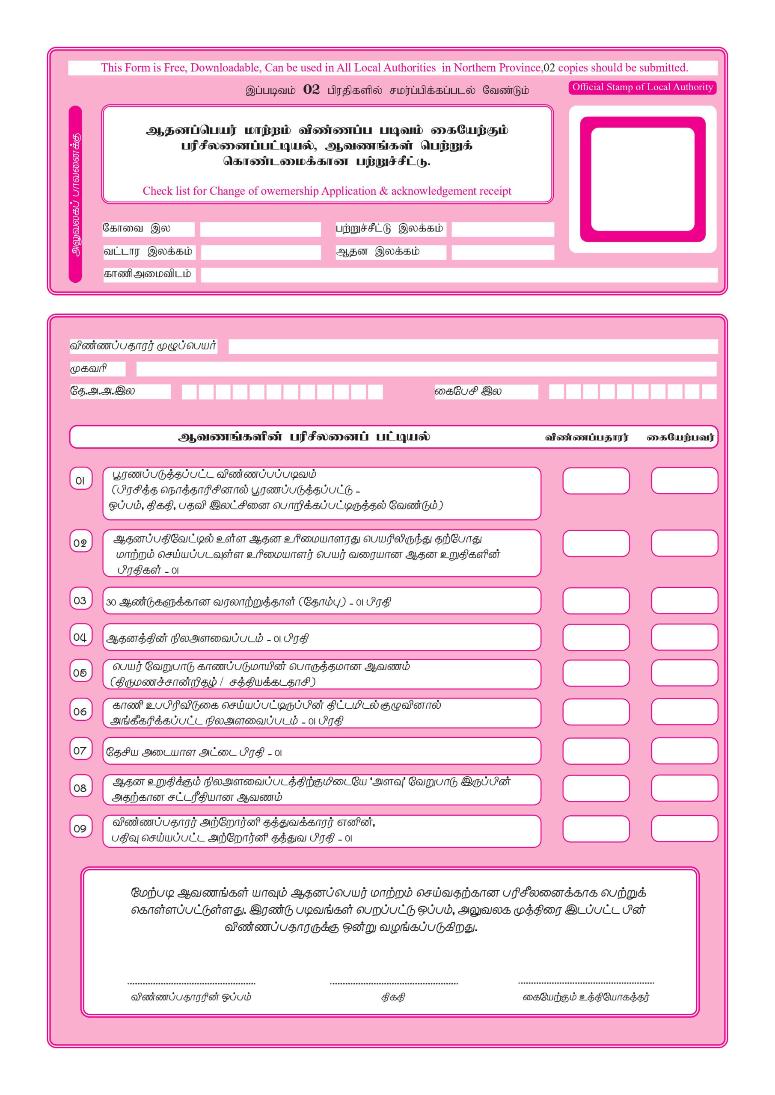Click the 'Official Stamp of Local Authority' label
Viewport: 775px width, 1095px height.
point(642,87)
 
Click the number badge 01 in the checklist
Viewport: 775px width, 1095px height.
point(80,480)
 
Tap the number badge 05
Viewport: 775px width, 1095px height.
point(80,672)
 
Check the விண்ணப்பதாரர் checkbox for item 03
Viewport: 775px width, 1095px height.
point(596,601)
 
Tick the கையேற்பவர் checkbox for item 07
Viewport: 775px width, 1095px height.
point(684,751)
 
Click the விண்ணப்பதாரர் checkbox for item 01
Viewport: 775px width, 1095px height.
point(596,480)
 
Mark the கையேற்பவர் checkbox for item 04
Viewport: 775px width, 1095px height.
point(684,637)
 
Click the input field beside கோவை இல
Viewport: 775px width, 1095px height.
point(260,229)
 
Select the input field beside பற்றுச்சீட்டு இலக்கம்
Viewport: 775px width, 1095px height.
point(502,229)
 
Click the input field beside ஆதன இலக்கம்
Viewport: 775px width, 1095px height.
point(502,252)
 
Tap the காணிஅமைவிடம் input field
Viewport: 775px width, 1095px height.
point(459,275)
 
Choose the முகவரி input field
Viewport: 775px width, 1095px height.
point(426,369)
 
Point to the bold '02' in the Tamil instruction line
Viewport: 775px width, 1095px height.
point(311,90)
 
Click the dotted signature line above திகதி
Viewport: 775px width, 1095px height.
point(394,983)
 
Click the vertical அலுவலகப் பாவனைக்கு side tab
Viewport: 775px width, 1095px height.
point(75,194)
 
